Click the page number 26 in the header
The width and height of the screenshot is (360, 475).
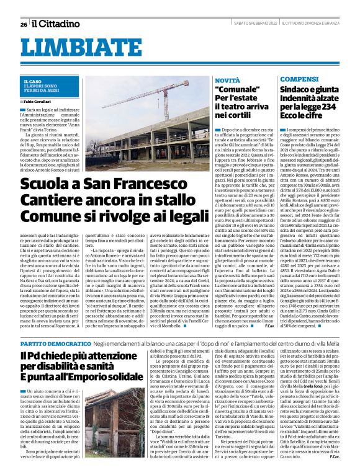pyautogui.click(x=23, y=24)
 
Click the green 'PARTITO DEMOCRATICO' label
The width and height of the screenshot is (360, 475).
pyautogui.click(x=48, y=343)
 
